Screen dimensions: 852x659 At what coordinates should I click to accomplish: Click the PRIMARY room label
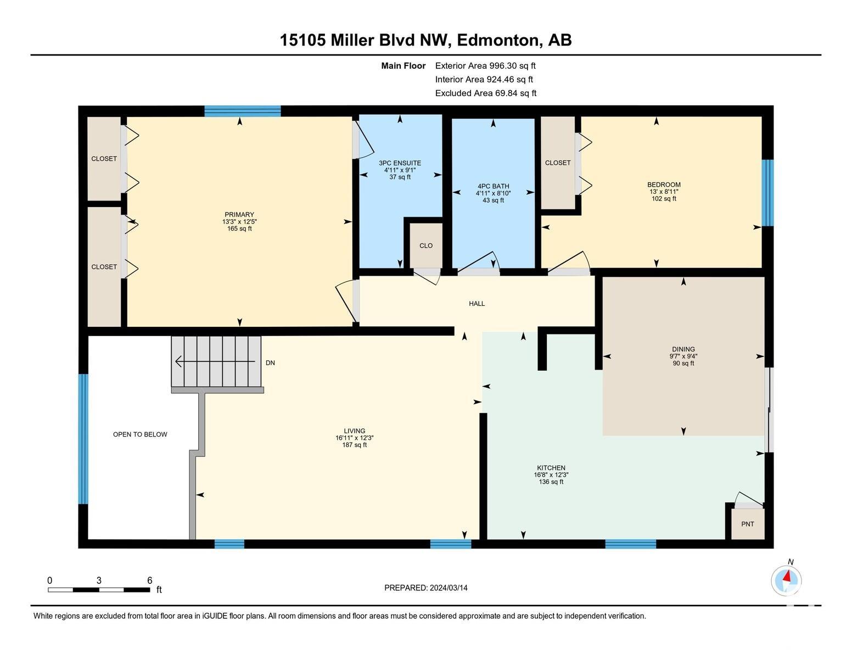click(239, 214)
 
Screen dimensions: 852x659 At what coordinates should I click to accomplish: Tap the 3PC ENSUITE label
click(400, 163)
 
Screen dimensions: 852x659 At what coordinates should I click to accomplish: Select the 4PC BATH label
click(493, 186)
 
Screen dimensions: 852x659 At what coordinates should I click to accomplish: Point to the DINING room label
click(683, 349)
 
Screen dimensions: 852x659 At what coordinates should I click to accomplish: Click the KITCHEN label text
click(551, 468)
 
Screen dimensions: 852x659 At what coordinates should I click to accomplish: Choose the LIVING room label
click(354, 431)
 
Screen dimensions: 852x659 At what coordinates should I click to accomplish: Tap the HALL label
click(477, 304)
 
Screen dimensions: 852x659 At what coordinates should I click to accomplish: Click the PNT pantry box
click(748, 524)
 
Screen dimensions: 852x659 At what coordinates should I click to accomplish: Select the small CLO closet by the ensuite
click(426, 245)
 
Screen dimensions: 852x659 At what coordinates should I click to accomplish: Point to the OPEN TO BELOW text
click(140, 434)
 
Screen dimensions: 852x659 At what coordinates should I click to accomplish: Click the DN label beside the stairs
click(270, 363)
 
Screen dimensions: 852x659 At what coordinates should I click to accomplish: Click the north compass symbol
click(786, 580)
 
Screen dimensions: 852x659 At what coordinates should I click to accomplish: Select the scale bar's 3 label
click(99, 580)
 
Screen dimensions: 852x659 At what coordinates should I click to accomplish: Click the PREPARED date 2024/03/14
click(448, 588)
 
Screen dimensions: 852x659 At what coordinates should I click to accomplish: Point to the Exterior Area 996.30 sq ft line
click(485, 66)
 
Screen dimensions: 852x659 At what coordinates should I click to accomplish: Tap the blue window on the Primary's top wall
click(242, 111)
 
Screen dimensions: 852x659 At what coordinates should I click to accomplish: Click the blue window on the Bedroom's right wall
click(767, 193)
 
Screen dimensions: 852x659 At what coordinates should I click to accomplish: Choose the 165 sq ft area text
click(239, 228)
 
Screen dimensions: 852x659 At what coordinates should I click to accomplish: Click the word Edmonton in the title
click(497, 40)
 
